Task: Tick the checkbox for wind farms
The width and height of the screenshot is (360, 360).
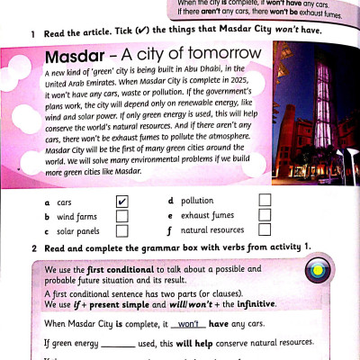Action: click(122, 216)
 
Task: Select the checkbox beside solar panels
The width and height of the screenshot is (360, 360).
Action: click(122, 231)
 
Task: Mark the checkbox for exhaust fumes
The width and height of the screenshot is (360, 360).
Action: click(265, 215)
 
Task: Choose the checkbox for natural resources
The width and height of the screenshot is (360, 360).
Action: click(265, 230)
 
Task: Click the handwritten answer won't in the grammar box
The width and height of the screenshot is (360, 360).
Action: click(188, 323)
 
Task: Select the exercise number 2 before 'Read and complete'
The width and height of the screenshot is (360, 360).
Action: click(32, 247)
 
